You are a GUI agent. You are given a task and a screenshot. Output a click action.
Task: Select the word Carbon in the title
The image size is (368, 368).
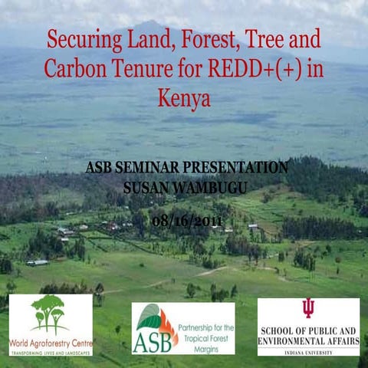click(77, 69)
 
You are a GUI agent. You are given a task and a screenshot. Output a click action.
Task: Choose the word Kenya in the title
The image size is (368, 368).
click(184, 98)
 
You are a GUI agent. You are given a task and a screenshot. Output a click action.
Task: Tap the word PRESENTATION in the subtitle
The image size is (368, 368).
click(235, 167)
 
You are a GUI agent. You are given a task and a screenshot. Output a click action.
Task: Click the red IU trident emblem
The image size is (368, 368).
click(308, 307)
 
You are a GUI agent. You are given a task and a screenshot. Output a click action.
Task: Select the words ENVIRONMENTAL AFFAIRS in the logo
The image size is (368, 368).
click(308, 340)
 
